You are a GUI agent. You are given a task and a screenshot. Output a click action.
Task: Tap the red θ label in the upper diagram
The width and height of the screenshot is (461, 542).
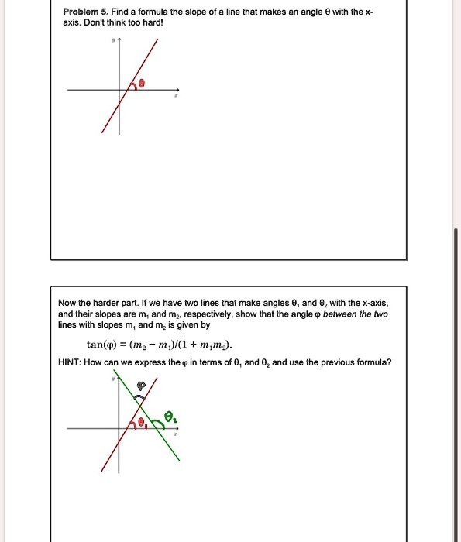click(x=143, y=83)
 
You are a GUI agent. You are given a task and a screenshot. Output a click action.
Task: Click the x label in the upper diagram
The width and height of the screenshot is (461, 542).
click(x=176, y=96)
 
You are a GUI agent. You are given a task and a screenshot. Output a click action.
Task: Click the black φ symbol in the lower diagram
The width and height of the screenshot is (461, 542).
click(x=141, y=386)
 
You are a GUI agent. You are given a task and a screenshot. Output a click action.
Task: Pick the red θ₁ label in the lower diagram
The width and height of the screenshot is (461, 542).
click(x=141, y=423)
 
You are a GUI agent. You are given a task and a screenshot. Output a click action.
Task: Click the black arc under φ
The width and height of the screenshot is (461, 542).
click(x=140, y=396)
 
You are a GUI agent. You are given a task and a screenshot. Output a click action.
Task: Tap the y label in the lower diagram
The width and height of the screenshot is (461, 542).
click(x=113, y=380)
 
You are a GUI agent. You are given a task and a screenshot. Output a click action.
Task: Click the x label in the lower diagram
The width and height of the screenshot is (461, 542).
click(x=176, y=435)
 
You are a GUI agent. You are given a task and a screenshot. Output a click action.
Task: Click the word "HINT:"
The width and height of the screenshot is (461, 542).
click(x=71, y=362)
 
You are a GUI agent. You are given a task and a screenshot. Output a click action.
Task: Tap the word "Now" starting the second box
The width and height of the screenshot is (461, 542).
click(x=67, y=302)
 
